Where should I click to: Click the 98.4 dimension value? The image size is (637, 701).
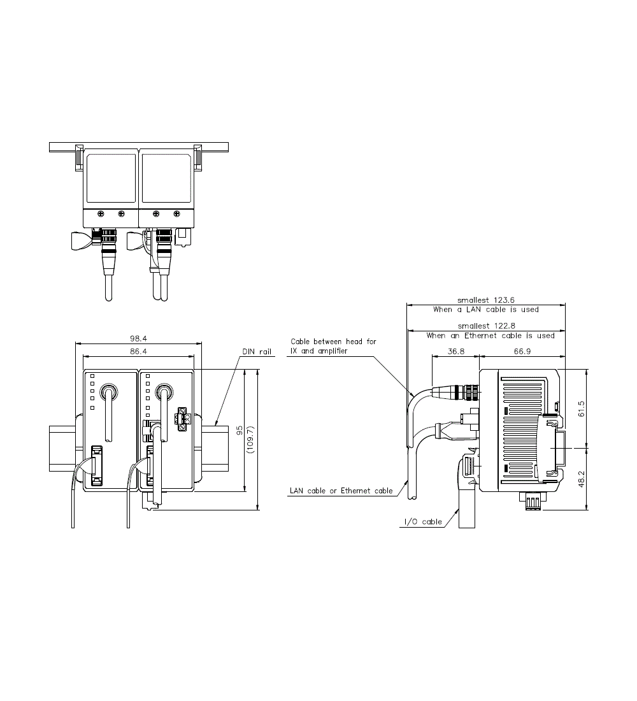tap(139, 339)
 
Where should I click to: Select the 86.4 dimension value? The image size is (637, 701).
tap(139, 351)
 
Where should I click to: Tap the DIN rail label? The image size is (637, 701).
tap(256, 351)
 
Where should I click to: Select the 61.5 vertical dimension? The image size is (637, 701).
tap(580, 408)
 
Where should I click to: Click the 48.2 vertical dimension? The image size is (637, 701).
tap(580, 479)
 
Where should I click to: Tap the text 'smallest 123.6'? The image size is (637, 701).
tap(485, 300)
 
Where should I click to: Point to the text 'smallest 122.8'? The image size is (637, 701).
tap(485, 326)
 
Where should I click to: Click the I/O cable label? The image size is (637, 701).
tap(422, 522)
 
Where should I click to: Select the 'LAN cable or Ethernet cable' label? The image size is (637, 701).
tap(341, 491)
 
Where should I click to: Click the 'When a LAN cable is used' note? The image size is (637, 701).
tap(485, 310)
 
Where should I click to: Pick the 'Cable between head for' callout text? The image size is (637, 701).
tap(333, 342)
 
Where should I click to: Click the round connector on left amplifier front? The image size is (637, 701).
tap(110, 391)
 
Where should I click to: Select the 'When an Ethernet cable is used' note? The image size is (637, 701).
tap(490, 335)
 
